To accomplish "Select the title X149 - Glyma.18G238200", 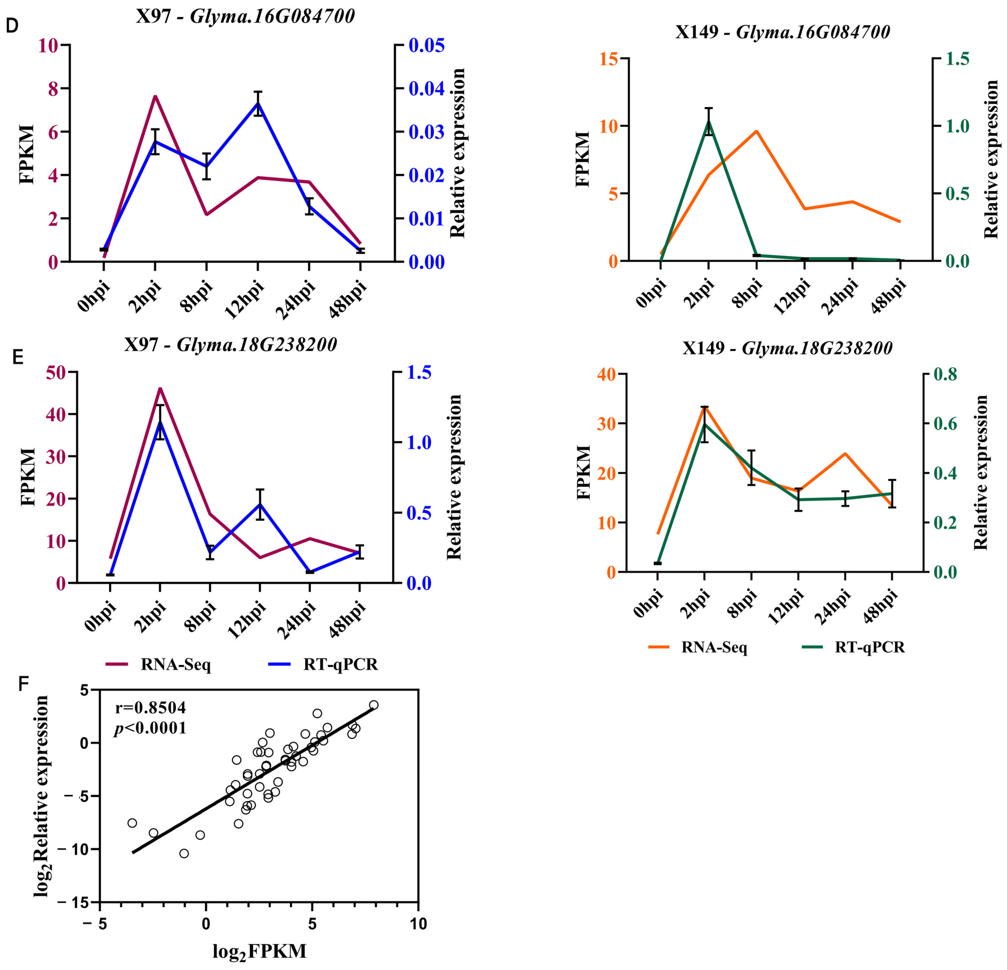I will (787, 348).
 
